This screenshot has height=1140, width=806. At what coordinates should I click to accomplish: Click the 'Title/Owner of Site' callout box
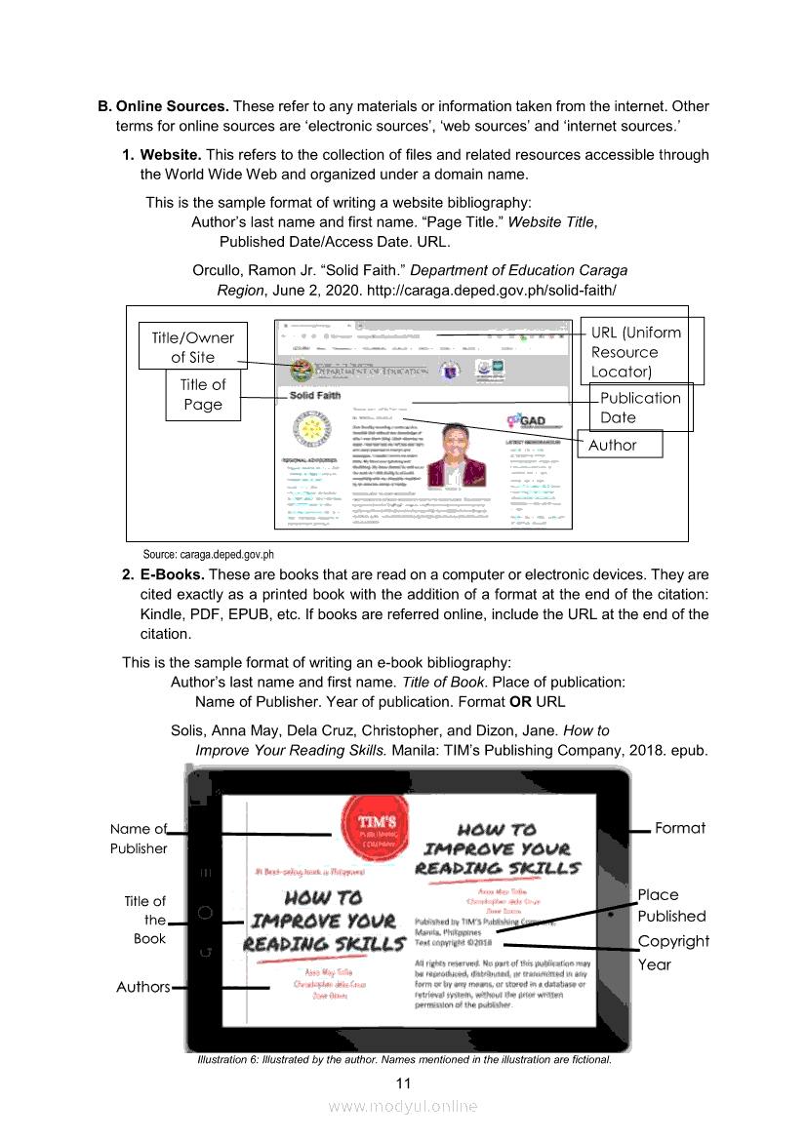click(192, 347)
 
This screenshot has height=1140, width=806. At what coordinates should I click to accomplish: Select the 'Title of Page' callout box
click(203, 395)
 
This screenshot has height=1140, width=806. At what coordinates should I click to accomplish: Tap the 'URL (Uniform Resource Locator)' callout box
click(641, 352)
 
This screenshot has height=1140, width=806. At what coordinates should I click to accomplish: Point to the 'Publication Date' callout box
click(642, 408)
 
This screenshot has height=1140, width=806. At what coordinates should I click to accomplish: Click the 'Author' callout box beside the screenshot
click(621, 445)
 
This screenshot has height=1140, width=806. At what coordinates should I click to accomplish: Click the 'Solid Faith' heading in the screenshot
click(315, 396)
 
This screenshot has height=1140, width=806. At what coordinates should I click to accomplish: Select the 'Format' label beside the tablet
click(680, 828)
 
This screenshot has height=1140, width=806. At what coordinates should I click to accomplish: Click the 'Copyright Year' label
click(672, 953)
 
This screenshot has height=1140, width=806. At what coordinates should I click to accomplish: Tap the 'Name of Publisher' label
click(139, 839)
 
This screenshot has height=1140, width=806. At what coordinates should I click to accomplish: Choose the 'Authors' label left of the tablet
click(142, 987)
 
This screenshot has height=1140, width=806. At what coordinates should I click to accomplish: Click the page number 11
click(403, 1084)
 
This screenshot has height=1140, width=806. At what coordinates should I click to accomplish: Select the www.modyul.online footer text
click(403, 1106)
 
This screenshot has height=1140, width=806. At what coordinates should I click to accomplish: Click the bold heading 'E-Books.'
click(172, 574)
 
